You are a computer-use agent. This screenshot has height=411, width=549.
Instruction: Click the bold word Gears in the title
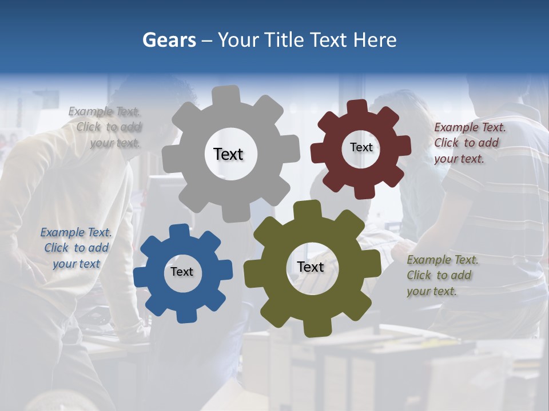coord(169,40)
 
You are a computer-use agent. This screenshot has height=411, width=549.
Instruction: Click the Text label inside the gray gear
coord(228,154)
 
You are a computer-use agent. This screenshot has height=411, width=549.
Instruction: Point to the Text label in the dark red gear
coord(361,147)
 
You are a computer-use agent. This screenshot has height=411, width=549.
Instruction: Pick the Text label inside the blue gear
coord(182,272)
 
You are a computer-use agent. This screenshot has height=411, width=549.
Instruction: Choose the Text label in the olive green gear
coord(311,267)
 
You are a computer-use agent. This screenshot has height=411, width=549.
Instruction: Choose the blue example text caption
coord(76,248)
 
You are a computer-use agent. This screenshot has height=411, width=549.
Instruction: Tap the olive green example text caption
coord(440,275)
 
